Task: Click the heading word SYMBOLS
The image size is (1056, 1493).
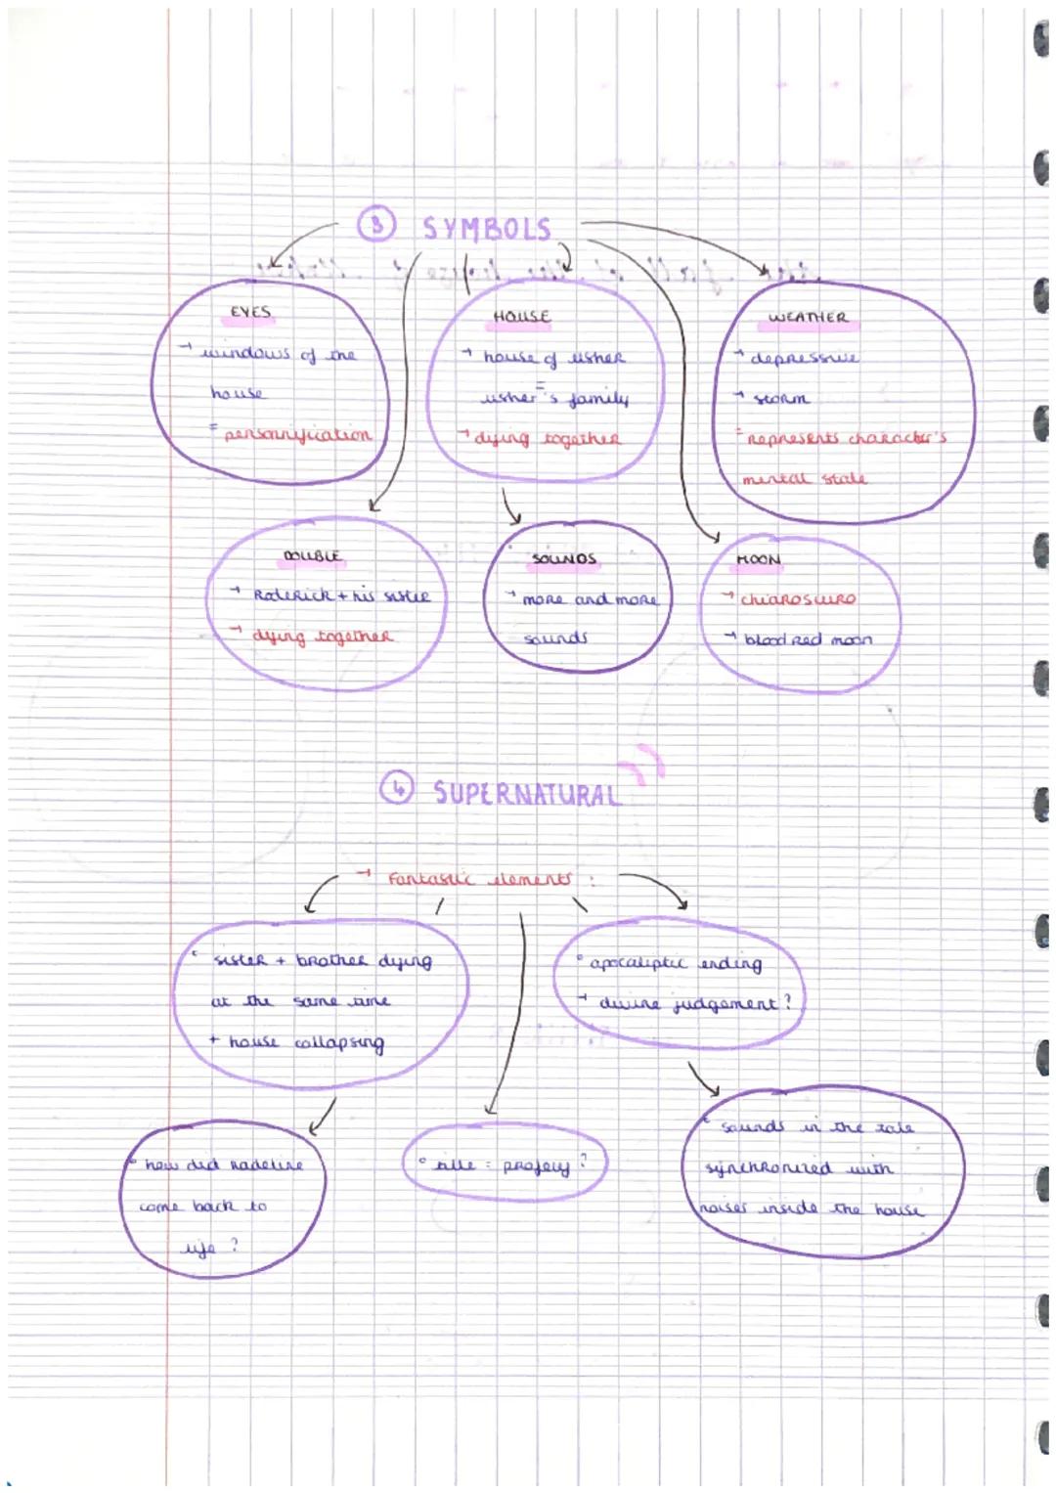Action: [487, 229]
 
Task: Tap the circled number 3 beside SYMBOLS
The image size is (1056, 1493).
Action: [375, 225]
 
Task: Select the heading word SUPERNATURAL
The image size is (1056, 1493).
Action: [526, 793]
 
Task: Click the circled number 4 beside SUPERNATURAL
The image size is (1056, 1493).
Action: [396, 787]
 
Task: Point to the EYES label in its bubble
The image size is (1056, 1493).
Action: [250, 312]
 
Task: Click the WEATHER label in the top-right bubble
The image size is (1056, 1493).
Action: [808, 317]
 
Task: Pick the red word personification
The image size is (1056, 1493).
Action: [297, 435]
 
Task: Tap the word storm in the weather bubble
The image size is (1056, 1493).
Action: [781, 399]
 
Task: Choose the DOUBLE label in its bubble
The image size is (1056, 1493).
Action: [312, 556]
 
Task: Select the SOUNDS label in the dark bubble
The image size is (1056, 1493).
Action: [564, 559]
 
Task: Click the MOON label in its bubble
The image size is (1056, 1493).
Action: [759, 560]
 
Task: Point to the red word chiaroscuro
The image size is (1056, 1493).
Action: [798, 599]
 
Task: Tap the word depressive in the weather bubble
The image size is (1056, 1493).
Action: [804, 358]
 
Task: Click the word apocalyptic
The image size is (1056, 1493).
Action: [638, 963]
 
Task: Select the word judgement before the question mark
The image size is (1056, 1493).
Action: [726, 1004]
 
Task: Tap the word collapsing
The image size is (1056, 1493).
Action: [339, 1043]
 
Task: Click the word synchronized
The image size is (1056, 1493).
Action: [769, 1168]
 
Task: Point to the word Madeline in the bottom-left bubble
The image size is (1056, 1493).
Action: [267, 1165]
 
